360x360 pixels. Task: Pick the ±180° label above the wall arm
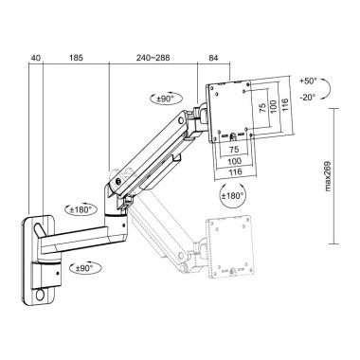[80, 209]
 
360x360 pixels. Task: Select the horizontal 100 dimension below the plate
[233, 161]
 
